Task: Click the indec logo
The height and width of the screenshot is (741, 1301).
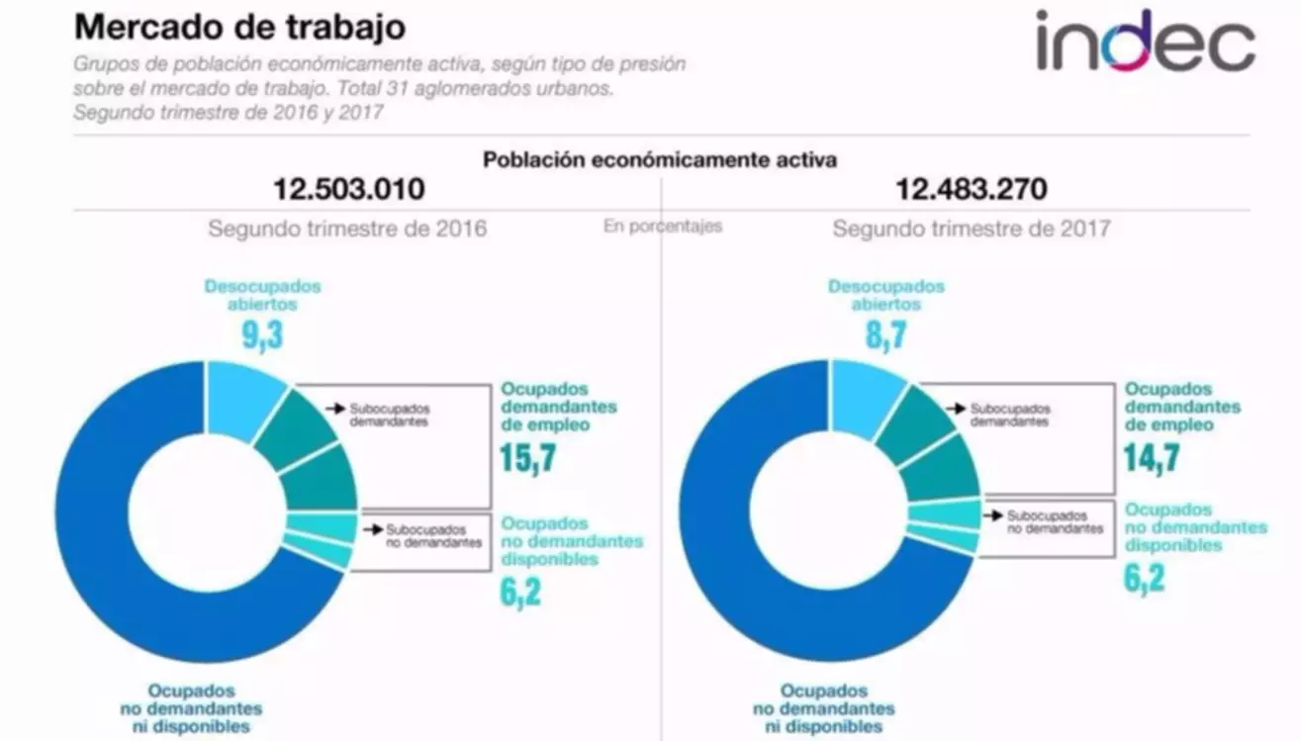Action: (1145, 42)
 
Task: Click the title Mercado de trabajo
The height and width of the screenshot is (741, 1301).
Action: (239, 27)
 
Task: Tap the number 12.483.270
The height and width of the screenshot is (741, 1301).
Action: (972, 188)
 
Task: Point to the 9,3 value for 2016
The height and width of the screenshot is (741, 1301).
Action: (263, 334)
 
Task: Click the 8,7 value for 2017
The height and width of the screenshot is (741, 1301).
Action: (886, 334)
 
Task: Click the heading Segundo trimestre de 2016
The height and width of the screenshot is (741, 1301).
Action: (347, 229)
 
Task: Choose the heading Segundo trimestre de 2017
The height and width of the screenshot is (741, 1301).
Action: (971, 229)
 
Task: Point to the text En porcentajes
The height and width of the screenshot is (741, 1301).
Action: (663, 226)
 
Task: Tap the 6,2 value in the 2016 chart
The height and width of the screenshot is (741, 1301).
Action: (521, 593)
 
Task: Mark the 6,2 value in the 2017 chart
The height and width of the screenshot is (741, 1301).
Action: (1145, 578)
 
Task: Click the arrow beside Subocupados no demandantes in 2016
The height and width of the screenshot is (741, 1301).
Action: (372, 530)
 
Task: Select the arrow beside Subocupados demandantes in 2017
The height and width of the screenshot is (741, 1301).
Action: (956, 408)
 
